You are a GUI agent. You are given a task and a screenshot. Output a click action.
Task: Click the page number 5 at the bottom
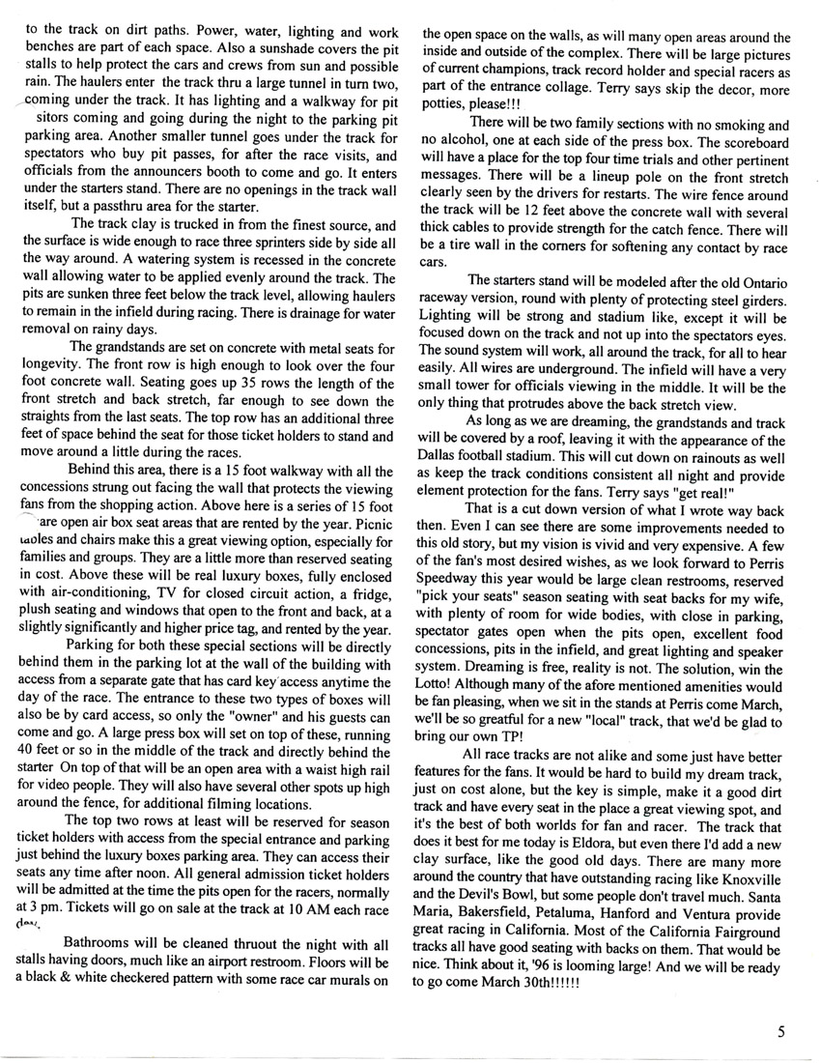tap(779, 1030)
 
